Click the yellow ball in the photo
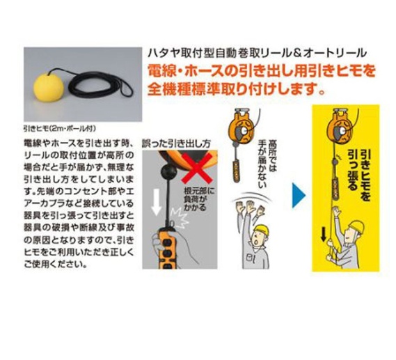click(48, 87)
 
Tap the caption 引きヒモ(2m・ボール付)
click(60, 129)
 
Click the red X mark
click(197, 167)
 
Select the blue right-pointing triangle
click(299, 196)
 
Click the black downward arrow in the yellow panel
click(323, 235)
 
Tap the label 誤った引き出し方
click(176, 143)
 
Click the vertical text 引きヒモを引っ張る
click(358, 174)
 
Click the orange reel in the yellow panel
click(339, 127)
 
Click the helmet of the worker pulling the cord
click(356, 228)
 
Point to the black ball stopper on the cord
click(170, 172)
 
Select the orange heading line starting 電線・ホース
click(262, 72)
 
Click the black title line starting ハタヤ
click(257, 53)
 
